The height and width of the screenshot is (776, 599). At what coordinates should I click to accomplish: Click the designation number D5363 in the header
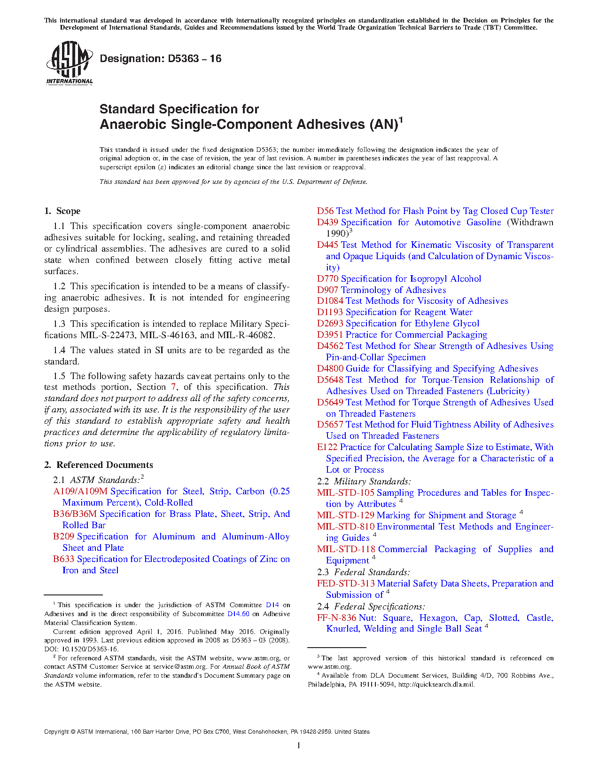click(x=183, y=59)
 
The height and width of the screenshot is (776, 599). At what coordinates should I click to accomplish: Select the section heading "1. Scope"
click(x=62, y=211)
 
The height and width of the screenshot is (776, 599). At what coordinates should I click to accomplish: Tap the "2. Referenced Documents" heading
click(x=99, y=465)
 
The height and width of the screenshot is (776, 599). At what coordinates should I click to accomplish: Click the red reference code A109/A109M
click(x=80, y=491)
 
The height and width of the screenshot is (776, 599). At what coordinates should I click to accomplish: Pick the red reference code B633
click(x=63, y=559)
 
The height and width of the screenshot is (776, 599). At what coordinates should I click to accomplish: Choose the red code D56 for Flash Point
click(x=325, y=211)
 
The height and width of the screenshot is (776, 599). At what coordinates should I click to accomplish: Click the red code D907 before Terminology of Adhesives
click(x=327, y=290)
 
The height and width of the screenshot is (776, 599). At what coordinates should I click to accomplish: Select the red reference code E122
click(x=327, y=447)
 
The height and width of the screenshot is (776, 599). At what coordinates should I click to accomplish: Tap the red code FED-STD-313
click(x=346, y=584)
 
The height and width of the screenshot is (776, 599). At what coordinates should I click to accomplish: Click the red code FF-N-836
click(x=336, y=618)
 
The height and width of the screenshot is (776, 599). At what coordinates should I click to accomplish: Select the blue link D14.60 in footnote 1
click(x=238, y=614)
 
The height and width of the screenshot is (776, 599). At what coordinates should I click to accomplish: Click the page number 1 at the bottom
click(x=299, y=745)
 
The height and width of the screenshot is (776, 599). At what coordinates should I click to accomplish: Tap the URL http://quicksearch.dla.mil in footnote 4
click(x=436, y=685)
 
